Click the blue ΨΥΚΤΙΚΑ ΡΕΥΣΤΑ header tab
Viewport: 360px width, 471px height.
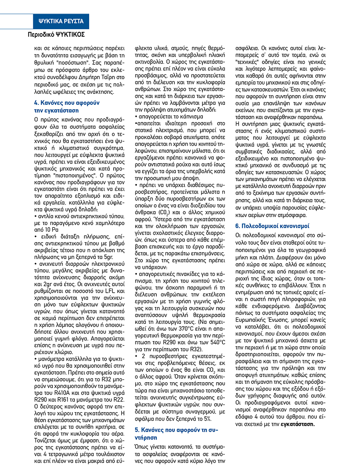61,21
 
